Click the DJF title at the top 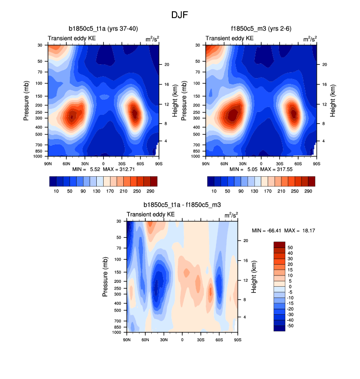(x=180, y=15)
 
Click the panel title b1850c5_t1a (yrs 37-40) (x=103, y=28)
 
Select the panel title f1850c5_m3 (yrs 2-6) (x=261, y=28)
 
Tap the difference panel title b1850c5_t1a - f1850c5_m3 (x=182, y=204)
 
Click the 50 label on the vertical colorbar (x=290, y=248)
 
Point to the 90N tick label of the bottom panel (x=127, y=340)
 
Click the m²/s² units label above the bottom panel (x=230, y=215)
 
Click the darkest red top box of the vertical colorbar (x=279, y=245)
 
